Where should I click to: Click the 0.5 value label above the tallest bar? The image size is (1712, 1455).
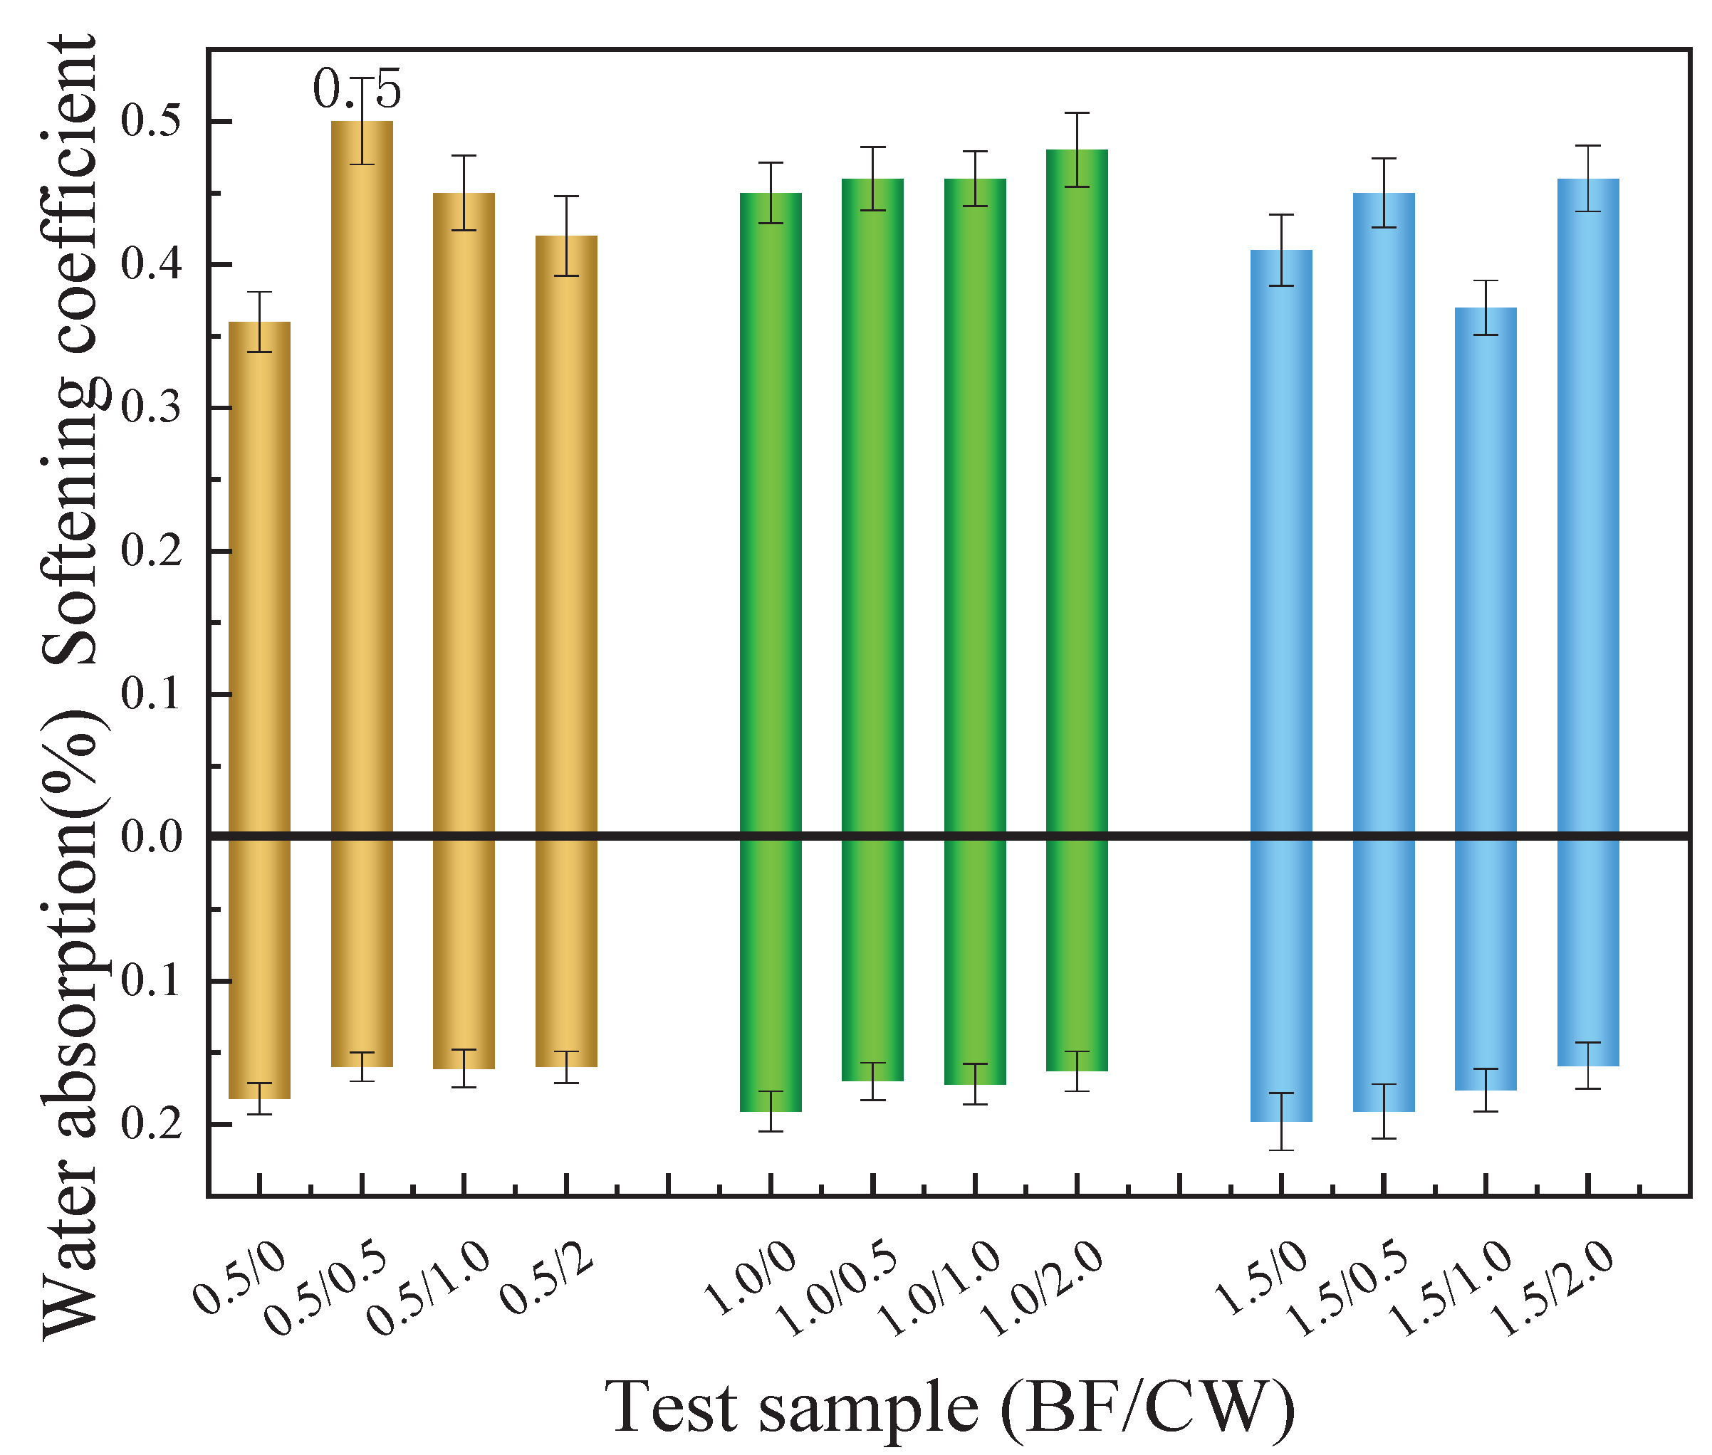[356, 89]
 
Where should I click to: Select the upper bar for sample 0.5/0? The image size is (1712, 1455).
[259, 577]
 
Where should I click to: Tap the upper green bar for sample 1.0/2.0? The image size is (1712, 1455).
[1077, 495]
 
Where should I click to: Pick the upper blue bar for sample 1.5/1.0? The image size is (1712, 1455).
[1485, 569]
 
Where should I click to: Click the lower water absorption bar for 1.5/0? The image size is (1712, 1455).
[1280, 982]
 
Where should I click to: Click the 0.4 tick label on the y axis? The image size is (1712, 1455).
[151, 265]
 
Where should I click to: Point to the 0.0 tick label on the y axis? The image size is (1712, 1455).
[151, 836]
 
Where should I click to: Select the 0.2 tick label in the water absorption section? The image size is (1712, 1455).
[151, 1123]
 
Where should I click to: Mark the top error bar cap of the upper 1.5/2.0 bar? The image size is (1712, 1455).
[1588, 146]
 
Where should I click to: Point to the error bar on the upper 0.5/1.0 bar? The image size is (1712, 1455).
[464, 192]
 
